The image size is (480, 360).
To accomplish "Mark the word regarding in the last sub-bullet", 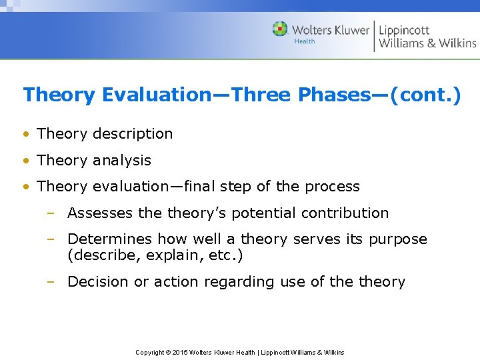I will click(x=239, y=282).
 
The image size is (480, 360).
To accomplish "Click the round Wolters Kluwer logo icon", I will click(x=280, y=29).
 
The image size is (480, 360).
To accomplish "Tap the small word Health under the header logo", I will click(x=305, y=41).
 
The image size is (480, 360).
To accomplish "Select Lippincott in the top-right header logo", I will click(x=404, y=30).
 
